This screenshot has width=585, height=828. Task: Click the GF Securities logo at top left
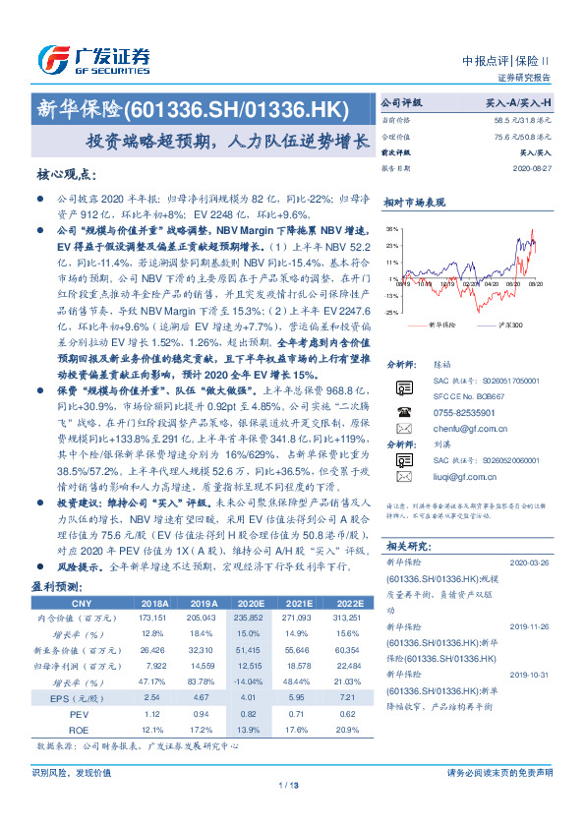(x=93, y=58)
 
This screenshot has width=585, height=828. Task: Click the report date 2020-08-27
(x=534, y=168)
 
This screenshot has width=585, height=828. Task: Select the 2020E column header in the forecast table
(x=251, y=603)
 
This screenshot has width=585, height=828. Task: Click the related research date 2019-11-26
(x=533, y=626)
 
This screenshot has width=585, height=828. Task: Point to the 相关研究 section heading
(x=404, y=546)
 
